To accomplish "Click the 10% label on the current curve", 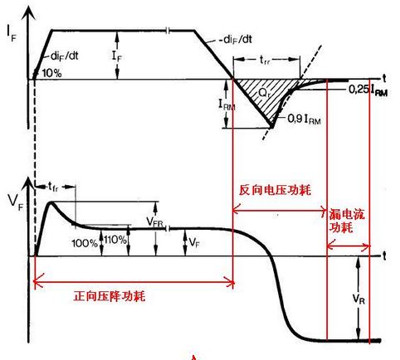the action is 51,73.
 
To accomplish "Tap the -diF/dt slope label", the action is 236,40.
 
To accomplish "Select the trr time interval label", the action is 265,60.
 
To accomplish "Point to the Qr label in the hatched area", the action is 264,93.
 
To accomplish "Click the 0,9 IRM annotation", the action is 305,119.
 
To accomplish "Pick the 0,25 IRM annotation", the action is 368,90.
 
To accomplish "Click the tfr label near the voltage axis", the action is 53,187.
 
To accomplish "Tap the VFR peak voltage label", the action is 154,222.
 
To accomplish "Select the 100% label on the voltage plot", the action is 85,243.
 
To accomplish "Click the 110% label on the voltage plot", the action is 115,240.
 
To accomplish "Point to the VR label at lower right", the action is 359,299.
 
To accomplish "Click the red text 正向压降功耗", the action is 110,296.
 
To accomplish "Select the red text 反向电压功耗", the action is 275,190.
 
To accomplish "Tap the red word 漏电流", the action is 347,214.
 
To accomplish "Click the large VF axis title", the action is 16,202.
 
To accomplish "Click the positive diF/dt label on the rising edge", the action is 65,56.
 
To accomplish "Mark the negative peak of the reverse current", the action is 271,128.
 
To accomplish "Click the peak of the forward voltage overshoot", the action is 51,203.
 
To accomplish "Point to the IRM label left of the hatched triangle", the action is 227,105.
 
